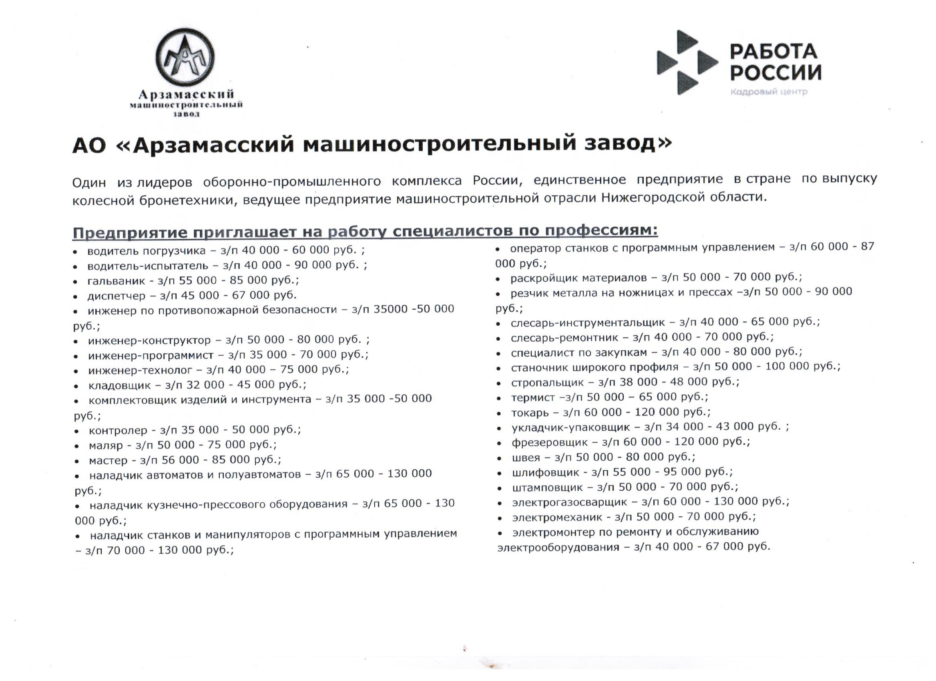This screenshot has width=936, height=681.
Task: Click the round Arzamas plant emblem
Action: click(185, 57)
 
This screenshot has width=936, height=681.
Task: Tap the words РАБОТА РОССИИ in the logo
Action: click(775, 62)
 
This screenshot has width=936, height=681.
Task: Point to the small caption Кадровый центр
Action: click(768, 92)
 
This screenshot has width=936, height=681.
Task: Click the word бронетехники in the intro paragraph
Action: click(187, 200)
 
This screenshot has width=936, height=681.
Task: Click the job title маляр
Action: click(106, 445)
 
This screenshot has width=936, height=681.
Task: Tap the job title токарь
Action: click(530, 413)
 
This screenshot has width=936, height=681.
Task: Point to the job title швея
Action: click(526, 457)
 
